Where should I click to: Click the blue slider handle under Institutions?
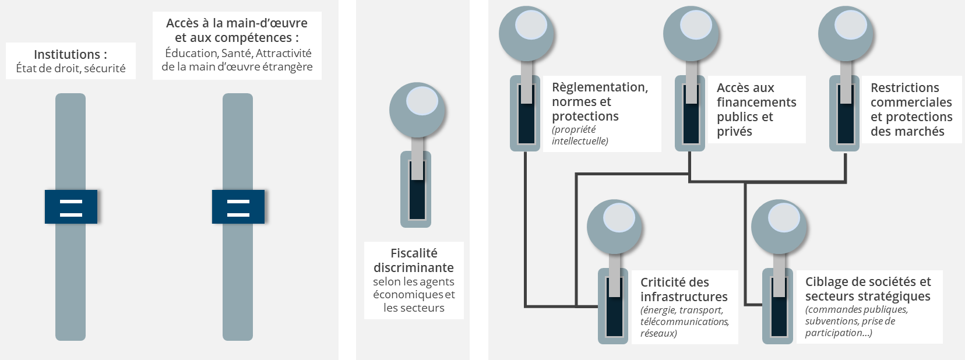[71, 207]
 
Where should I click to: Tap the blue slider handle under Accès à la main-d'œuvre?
[238, 207]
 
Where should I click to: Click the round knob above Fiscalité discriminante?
[417, 110]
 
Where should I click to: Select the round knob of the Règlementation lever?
[526, 33]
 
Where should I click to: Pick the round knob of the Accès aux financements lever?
[691, 33]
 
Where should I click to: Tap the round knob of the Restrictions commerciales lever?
[846, 33]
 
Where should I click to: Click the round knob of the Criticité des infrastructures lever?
[614, 227]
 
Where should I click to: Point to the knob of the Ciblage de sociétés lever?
[779, 227]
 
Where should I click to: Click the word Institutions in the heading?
[66, 55]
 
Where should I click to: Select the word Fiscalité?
[414, 253]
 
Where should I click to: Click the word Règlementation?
[600, 87]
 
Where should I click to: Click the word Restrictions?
[904, 88]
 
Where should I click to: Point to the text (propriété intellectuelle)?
[580, 135]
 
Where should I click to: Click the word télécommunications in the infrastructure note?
[684, 322]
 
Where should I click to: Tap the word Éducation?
[191, 54]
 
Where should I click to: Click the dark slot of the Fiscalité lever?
[417, 198]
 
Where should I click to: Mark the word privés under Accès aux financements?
[734, 132]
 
